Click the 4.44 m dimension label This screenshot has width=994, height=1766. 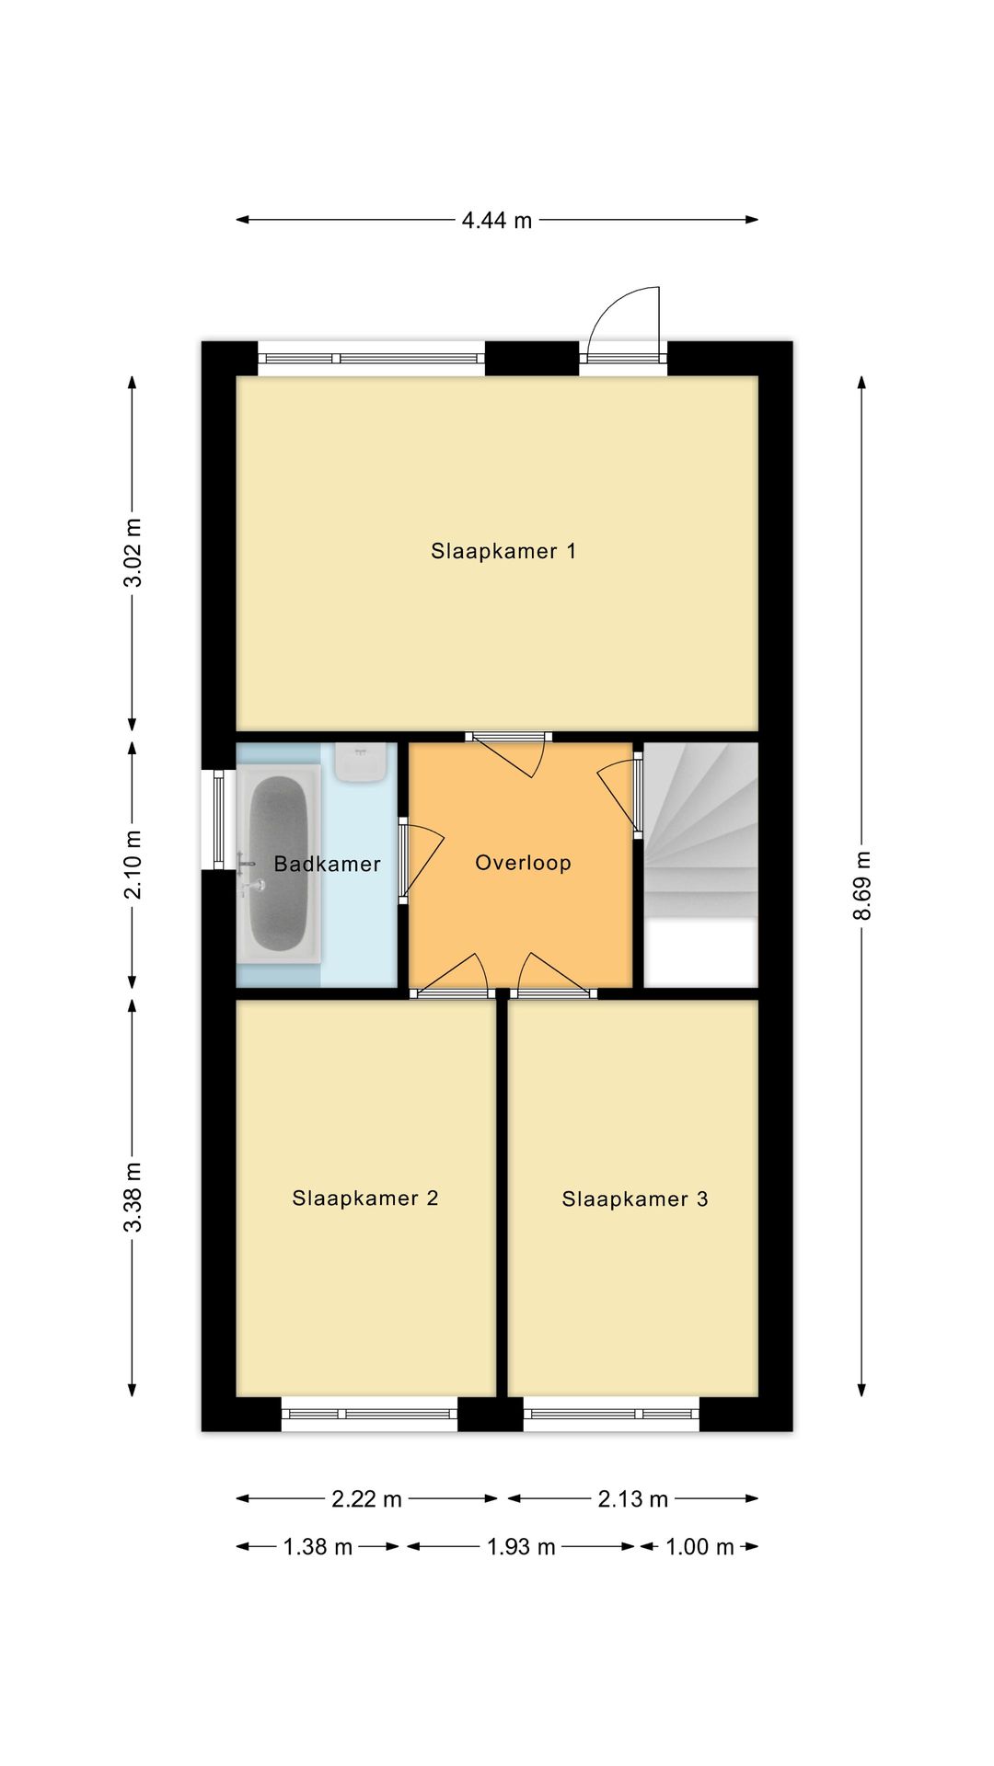click(497, 221)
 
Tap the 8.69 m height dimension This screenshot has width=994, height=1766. click(861, 885)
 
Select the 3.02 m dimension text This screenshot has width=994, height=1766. click(133, 552)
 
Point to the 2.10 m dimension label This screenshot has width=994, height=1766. click(133, 865)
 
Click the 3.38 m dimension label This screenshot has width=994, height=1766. click(133, 1197)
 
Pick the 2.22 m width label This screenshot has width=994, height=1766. click(366, 1499)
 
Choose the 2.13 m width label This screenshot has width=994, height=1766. click(633, 1499)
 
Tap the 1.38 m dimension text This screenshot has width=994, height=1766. click(318, 1547)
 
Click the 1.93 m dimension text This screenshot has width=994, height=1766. click(521, 1547)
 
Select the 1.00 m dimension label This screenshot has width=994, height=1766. click(699, 1547)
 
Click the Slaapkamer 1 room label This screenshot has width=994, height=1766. click(503, 551)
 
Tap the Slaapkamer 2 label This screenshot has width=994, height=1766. click(365, 1198)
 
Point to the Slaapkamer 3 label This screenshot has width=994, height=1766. click(635, 1198)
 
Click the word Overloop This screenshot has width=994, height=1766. click(523, 863)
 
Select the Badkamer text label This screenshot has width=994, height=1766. click(328, 864)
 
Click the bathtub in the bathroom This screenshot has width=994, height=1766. click(279, 864)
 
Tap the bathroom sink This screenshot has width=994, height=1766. click(362, 763)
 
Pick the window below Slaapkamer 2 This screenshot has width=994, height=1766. click(369, 1414)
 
